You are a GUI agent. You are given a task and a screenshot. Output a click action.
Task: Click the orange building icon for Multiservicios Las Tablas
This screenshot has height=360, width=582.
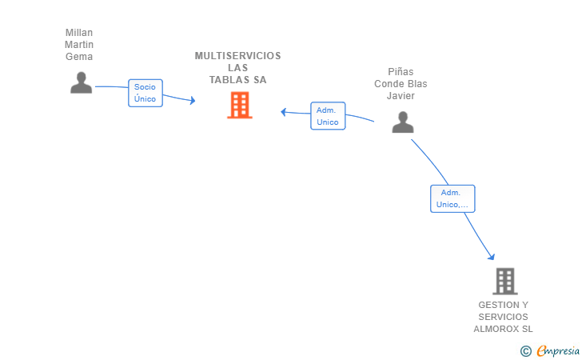tap(239, 105)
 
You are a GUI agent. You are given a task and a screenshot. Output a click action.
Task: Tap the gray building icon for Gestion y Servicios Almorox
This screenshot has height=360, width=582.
tap(504, 281)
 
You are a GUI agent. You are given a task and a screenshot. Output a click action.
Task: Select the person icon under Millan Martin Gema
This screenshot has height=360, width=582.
tap(81, 82)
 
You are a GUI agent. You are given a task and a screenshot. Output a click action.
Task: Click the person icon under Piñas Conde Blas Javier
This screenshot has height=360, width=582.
tap(403, 122)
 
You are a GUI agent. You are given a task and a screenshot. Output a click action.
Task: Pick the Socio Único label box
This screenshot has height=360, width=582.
tap(145, 93)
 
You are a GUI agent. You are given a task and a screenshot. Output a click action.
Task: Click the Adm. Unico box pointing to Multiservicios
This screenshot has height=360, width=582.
tap(328, 116)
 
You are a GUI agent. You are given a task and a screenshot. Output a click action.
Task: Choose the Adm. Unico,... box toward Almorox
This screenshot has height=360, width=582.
tap(452, 198)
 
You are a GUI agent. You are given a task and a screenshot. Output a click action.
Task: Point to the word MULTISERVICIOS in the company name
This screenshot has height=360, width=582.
tap(238, 56)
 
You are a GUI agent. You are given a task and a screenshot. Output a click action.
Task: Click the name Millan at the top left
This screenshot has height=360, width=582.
tap(79, 33)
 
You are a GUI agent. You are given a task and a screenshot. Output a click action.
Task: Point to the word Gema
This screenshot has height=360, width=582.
tap(79, 57)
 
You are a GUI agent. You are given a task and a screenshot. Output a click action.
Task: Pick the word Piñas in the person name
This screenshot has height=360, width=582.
tap(401, 71)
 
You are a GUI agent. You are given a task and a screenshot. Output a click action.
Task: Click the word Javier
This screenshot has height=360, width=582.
tap(401, 95)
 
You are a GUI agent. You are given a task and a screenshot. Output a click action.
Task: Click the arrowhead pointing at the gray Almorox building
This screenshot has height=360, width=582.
tap(492, 257)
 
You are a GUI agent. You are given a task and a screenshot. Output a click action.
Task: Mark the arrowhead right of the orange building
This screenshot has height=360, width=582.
tap(284, 111)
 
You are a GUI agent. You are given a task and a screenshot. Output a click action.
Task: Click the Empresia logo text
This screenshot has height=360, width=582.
tap(558, 350)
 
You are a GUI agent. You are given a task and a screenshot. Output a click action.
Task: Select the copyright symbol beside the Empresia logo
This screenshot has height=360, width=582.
tap(525, 350)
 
